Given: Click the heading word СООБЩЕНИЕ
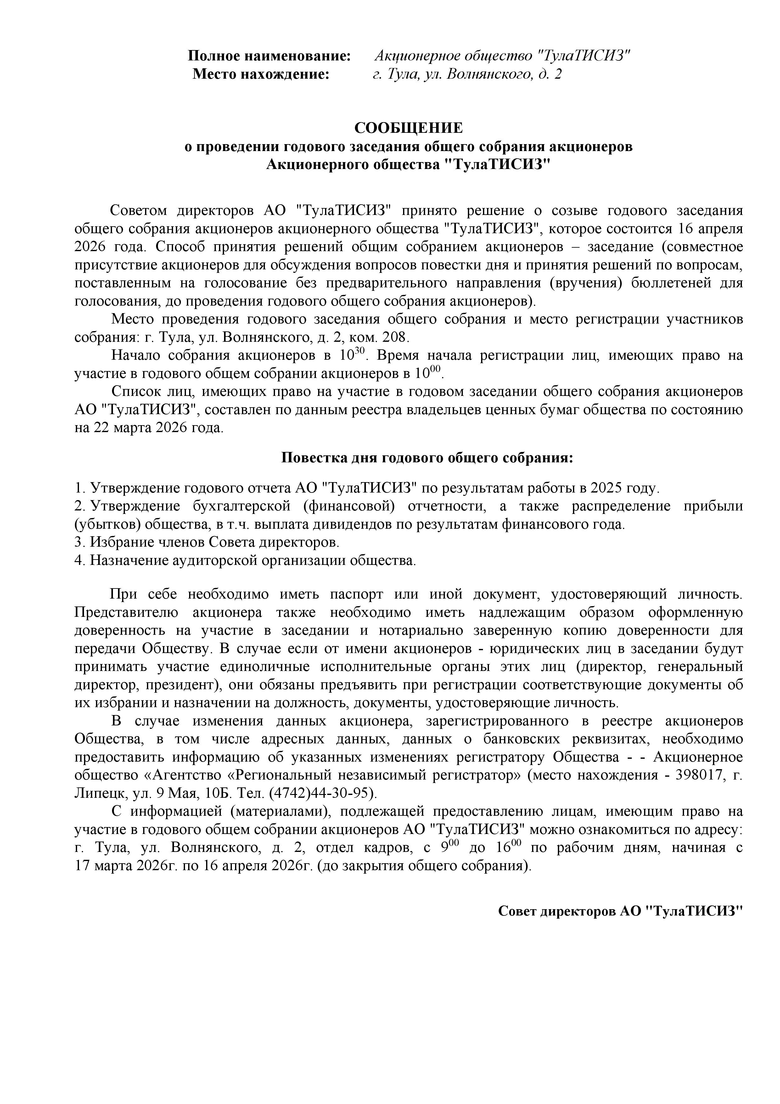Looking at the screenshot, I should coord(408,128).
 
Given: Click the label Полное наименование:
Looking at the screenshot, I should coord(269,56).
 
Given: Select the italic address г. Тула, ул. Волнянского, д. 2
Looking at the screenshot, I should coord(467,75).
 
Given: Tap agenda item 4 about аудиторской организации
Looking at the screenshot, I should coord(245,561).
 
